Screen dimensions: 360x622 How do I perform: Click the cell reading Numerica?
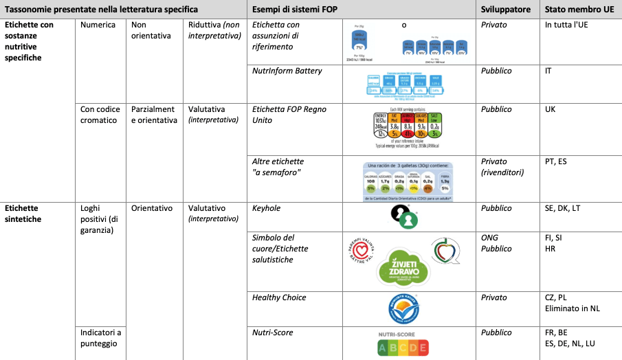pyautogui.click(x=98, y=25)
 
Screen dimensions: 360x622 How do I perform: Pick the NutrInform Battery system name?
pyautogui.click(x=287, y=71)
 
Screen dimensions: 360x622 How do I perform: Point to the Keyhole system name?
pyautogui.click(x=267, y=208)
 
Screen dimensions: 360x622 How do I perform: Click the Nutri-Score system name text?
pyautogui.click(x=273, y=333)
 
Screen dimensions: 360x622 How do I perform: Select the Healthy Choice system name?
pyautogui.click(x=280, y=297)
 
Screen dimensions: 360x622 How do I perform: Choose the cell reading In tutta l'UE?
pyautogui.click(x=567, y=25)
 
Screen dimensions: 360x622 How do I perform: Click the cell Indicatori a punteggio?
pyautogui.click(x=100, y=339)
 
